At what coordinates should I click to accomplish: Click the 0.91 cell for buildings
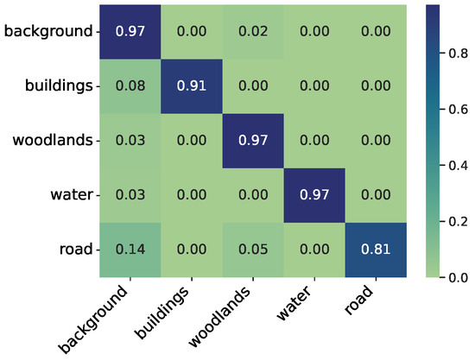pos(190,86)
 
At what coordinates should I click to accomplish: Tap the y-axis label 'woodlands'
pos(52,141)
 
